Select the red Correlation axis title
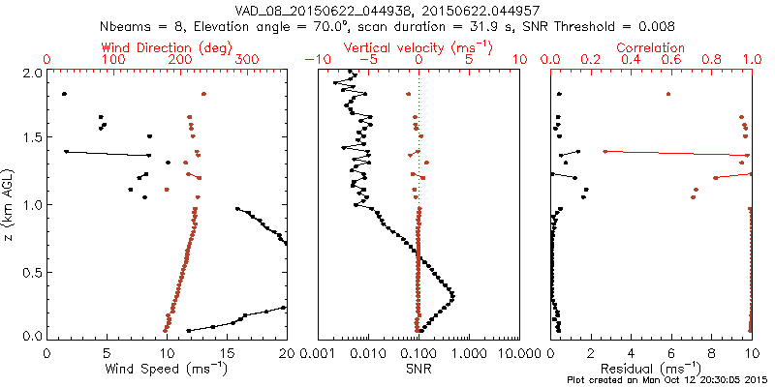(652, 46)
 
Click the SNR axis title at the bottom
(418, 368)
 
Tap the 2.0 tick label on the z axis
(31, 73)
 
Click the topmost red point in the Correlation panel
(668, 94)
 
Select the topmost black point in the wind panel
(64, 94)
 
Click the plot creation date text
(669, 380)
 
